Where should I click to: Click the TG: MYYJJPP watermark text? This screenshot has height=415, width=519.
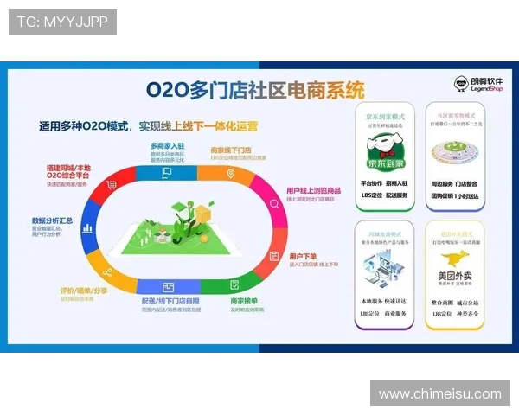point(61,22)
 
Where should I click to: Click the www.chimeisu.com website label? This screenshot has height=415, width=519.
point(439,394)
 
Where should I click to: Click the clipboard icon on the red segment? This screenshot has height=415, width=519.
point(273,255)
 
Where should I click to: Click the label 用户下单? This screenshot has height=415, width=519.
point(304,256)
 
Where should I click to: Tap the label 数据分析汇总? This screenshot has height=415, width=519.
point(52,220)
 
